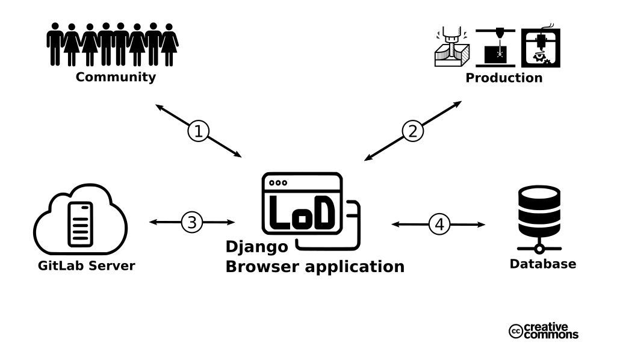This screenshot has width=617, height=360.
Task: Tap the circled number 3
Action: [x=191, y=223]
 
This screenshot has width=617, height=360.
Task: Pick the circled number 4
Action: [x=439, y=225]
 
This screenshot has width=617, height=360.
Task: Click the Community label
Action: [x=115, y=77]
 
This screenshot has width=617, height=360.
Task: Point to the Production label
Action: [x=503, y=78]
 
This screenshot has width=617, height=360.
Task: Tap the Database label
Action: [x=543, y=264]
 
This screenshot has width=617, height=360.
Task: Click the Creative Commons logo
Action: [x=544, y=331]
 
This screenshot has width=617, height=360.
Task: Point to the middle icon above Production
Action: [x=495, y=48]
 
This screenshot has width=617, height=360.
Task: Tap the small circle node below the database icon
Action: [x=540, y=247]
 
